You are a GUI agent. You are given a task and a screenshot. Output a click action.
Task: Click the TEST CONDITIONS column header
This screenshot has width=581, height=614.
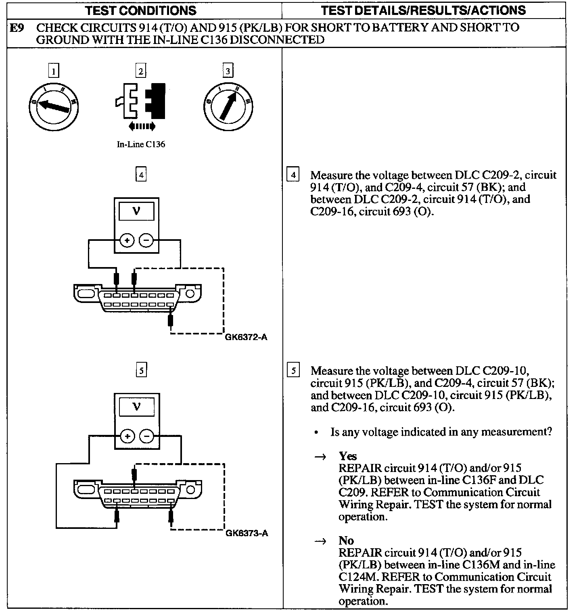(x=141, y=10)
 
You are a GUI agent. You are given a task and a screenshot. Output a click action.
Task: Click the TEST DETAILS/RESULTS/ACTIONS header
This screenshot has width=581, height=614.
(x=423, y=10)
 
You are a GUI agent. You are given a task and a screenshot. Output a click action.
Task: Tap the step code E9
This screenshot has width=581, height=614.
(x=17, y=28)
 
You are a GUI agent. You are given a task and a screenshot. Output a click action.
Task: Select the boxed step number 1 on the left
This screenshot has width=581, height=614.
(x=53, y=71)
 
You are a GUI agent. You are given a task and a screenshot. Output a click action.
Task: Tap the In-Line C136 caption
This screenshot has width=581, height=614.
(x=141, y=144)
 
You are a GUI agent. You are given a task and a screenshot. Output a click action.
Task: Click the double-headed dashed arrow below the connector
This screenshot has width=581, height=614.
(x=141, y=127)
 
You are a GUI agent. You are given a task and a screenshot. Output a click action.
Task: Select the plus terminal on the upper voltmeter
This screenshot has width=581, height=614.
(x=127, y=241)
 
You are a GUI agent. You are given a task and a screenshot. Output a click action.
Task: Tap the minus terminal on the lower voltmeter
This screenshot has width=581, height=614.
(x=146, y=436)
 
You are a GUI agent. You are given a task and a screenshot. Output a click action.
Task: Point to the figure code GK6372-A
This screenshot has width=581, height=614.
(x=246, y=337)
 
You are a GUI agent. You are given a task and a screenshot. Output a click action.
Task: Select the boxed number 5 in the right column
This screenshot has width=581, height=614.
(x=293, y=371)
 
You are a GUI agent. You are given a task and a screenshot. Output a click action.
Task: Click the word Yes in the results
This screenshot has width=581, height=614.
(x=348, y=456)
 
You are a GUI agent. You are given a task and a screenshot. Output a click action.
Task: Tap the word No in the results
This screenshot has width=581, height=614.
(x=346, y=541)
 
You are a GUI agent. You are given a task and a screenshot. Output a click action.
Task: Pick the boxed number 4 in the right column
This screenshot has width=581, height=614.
(x=293, y=175)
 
